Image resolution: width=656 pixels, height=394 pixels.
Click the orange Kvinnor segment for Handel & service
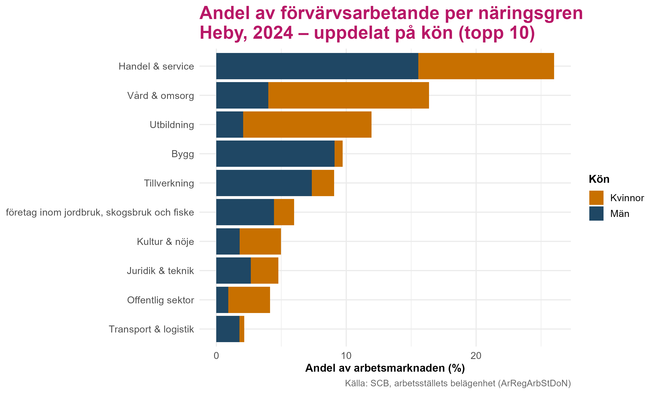(486, 66)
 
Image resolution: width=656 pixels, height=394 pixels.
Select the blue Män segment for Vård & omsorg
(242, 95)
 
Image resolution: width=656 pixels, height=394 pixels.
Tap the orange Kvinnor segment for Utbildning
(307, 125)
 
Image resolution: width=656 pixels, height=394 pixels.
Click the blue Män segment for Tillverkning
(264, 183)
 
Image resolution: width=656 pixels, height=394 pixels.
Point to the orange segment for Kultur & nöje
(260, 241)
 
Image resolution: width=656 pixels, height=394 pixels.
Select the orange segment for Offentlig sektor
(249, 300)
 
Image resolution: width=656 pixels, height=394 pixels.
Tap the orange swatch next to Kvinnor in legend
(596, 198)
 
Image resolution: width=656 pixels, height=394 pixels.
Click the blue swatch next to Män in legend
(596, 213)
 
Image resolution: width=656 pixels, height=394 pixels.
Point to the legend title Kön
(599, 179)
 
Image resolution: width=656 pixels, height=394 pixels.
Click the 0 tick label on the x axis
(216, 356)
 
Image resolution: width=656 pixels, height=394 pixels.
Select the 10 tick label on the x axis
(346, 356)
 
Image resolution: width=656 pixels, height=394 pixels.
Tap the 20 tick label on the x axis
(476, 356)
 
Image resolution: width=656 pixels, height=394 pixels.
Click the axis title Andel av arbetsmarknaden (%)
(385, 368)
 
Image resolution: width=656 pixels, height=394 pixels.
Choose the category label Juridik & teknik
(161, 271)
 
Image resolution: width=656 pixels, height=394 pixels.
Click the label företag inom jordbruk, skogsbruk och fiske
(100, 212)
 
